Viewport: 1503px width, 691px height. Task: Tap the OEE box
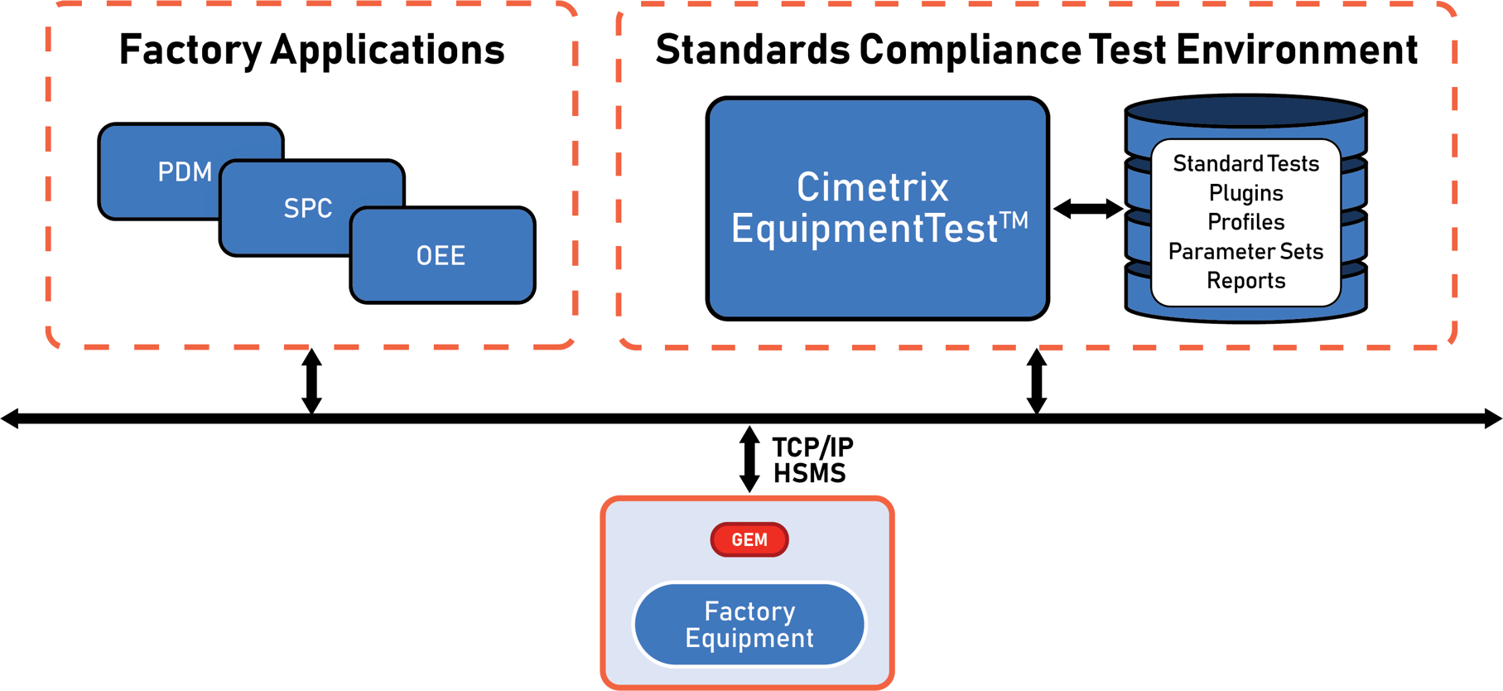442,255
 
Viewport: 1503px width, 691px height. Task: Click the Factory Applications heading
311,50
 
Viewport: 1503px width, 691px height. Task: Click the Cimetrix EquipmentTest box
877,207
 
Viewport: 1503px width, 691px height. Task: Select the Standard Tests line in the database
1245,164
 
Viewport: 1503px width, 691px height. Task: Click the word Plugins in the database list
1245,193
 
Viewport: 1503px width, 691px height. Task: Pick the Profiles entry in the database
1245,222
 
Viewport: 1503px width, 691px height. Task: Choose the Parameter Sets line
1245,251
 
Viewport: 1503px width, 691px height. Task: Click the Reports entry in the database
1245,281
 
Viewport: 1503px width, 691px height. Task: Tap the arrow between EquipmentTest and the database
1087,209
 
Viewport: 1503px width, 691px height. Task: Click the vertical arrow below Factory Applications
311,380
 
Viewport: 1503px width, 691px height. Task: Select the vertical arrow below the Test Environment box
1036,380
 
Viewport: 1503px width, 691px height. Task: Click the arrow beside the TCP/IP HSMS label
749,459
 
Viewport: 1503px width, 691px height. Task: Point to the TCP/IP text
812,448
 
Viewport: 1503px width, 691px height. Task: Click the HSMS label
809,473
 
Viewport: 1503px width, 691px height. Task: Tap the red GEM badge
749,539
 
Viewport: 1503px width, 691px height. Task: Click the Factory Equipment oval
749,625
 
